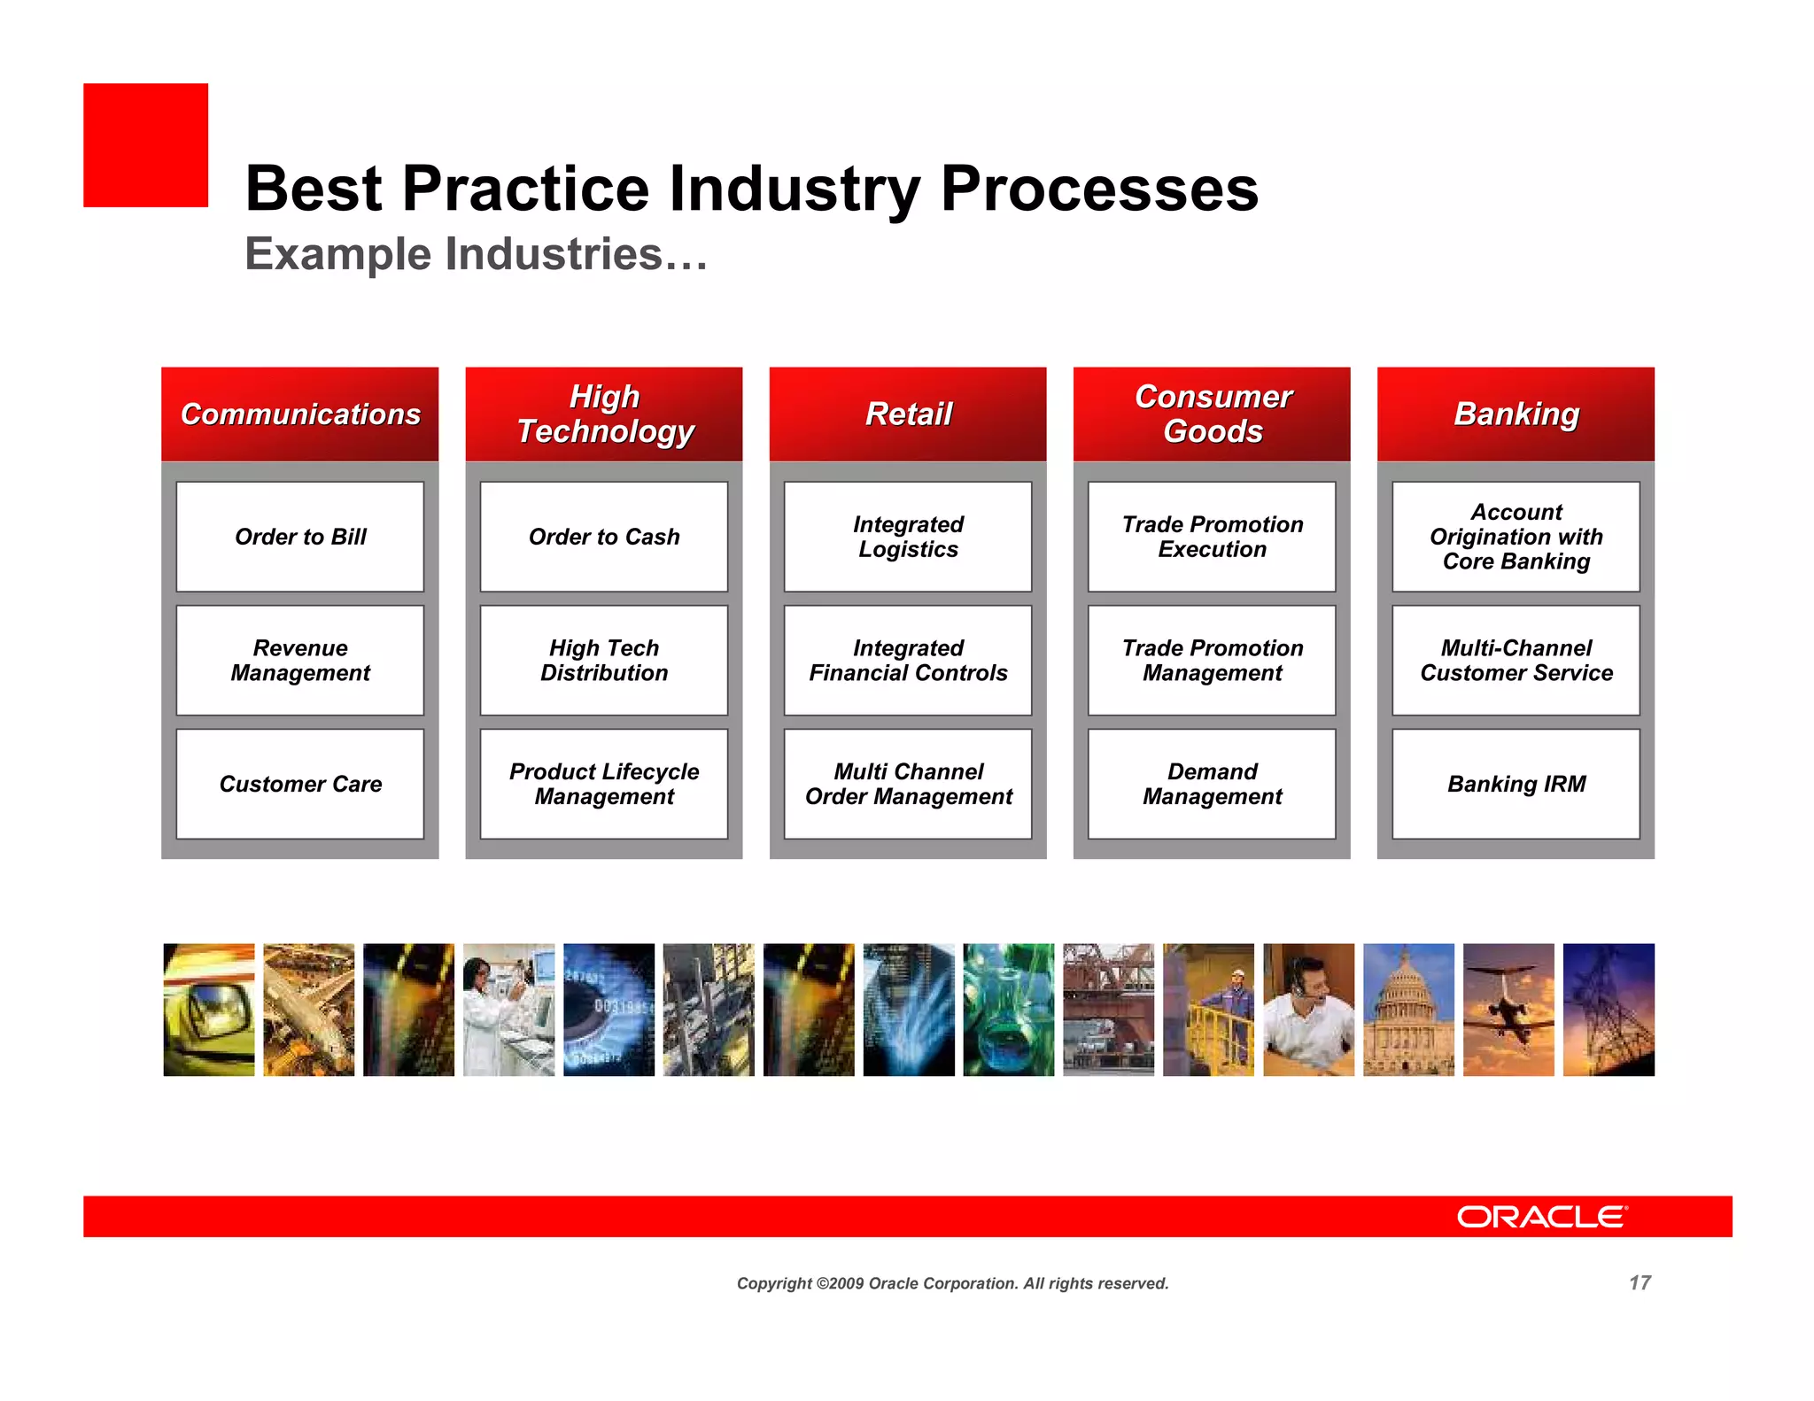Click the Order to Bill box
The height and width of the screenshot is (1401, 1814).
(300, 537)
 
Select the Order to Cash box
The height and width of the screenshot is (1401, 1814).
(604, 537)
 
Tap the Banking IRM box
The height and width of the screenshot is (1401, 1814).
(1516, 784)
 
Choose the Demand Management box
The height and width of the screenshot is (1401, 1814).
(1212, 784)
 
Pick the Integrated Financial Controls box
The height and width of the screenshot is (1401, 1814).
(908, 661)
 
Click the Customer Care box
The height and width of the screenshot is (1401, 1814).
(300, 784)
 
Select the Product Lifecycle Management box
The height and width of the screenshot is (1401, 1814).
(604, 784)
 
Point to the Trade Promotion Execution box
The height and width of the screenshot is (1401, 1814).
(1212, 537)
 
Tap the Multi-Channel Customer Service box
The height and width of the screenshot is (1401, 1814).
(1516, 661)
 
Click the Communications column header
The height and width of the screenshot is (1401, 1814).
(300, 414)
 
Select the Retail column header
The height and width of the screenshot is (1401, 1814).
(908, 414)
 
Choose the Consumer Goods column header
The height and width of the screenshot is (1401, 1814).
(1212, 414)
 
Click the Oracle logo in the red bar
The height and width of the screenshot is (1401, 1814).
(1541, 1217)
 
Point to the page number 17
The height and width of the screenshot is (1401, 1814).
(1640, 1283)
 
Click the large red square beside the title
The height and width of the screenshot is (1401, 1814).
(146, 145)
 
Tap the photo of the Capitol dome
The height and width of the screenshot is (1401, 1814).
(1408, 1010)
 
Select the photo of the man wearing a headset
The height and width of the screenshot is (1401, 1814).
(1308, 1010)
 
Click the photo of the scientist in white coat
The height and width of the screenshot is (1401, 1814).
(508, 1010)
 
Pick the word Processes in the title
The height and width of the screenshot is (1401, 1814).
(1099, 189)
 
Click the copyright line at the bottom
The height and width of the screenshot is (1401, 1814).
(952, 1283)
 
